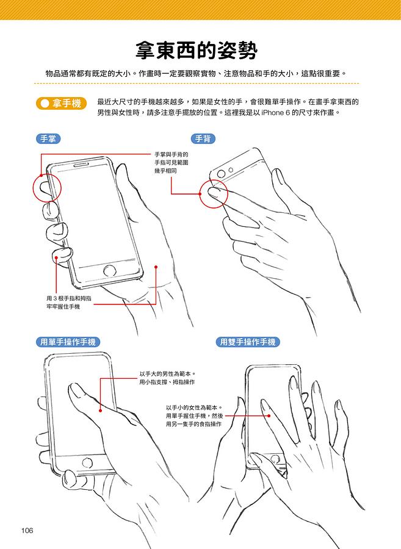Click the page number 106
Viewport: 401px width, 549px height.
[27, 531]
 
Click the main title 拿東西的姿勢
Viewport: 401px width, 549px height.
[196, 51]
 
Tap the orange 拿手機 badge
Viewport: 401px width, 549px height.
[61, 103]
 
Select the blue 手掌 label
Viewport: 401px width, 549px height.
[48, 138]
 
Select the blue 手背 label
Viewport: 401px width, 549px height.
[203, 138]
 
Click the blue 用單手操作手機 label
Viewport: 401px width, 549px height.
[68, 342]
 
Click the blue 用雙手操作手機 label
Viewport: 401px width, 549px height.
[248, 342]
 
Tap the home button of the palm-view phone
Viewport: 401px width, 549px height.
[110, 271]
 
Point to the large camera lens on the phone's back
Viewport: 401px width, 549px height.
[221, 174]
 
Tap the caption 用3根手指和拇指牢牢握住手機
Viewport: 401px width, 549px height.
[68, 303]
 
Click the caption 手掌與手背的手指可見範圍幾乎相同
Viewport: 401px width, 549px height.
[172, 162]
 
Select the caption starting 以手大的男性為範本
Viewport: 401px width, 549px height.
[167, 378]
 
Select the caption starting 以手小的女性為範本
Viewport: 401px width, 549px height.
[194, 416]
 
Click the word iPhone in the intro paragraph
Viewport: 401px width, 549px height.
[272, 113]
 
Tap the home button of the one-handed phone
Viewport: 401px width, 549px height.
[87, 462]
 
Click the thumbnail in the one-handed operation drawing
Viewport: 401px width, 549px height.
[74, 390]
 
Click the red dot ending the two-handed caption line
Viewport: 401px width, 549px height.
[269, 416]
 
